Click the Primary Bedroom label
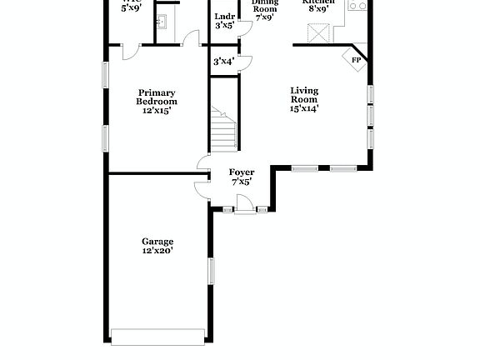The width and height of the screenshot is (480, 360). click(x=157, y=97)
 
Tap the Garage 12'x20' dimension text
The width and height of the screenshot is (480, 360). click(x=157, y=250)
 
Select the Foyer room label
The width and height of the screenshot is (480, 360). click(x=242, y=172)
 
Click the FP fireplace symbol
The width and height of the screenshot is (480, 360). click(x=356, y=60)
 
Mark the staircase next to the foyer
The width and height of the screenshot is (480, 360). click(x=223, y=130)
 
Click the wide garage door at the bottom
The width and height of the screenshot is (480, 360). click(x=157, y=336)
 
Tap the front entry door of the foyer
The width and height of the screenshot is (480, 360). click(x=245, y=203)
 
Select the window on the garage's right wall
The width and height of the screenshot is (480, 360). click(x=211, y=271)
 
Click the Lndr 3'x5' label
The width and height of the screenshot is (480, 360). click(x=224, y=21)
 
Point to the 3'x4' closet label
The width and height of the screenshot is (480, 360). click(x=223, y=61)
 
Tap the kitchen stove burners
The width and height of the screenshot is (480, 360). click(x=357, y=5)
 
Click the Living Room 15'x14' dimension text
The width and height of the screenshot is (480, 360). click(x=304, y=107)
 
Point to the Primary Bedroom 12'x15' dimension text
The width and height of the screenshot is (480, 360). click(x=157, y=110)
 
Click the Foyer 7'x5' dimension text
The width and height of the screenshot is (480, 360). click(x=242, y=182)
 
